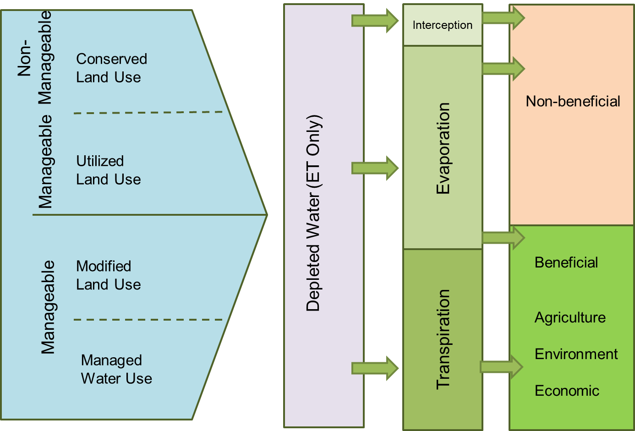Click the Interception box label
point(442,25)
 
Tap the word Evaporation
point(443,148)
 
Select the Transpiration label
point(443,339)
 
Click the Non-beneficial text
point(573,101)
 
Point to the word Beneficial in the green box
point(566,262)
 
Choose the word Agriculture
point(570,317)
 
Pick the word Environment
point(576,354)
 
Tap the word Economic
point(567,391)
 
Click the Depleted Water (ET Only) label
point(314,213)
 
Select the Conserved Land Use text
point(111,68)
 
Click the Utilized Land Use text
point(109,170)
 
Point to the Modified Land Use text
point(109,275)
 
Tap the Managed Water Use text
point(116,370)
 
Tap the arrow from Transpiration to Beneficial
point(501,367)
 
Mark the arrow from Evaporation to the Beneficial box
point(503,238)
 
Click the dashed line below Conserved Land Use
point(148,112)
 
